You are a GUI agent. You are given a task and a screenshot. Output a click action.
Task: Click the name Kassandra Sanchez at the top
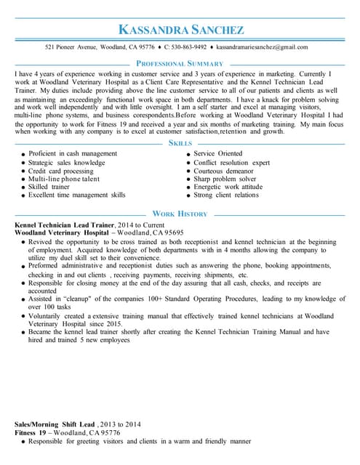pos(181,30)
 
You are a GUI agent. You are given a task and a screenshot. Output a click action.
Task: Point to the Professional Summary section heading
pos(180,64)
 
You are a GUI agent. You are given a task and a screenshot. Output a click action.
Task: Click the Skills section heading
pos(180,144)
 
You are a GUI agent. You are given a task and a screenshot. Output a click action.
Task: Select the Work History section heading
pos(180,214)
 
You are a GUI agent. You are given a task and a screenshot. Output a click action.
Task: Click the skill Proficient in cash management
pos(73,154)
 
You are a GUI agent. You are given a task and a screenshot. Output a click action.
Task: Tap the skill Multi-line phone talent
pos(64,179)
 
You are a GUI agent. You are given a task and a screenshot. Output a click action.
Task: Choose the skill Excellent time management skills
pos(77,195)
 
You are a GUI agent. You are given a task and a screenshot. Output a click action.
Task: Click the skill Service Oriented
pos(218,154)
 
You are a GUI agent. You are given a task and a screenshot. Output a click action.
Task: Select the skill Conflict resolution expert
pos(231,163)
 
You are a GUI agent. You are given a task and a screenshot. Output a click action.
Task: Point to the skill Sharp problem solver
pos(225,179)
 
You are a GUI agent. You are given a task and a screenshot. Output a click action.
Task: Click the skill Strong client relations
pos(226,195)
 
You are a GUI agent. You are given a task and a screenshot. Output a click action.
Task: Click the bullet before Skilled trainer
pos(23,187)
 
